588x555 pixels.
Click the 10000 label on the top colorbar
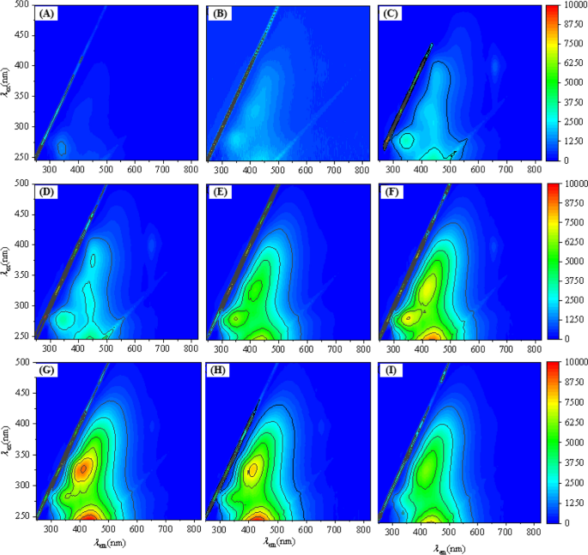[574, 5]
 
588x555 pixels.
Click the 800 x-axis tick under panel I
[532, 531]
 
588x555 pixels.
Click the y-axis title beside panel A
[7, 82]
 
